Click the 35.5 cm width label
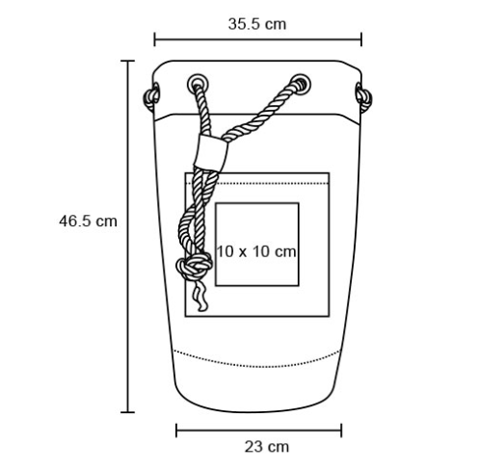point(257,24)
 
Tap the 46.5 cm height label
point(88,222)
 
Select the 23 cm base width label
point(267,447)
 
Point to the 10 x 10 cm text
point(256,251)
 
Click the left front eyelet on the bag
point(198,85)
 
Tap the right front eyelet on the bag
point(301,84)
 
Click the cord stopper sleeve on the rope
point(212,151)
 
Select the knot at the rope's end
point(195,265)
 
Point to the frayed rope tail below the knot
point(200,296)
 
